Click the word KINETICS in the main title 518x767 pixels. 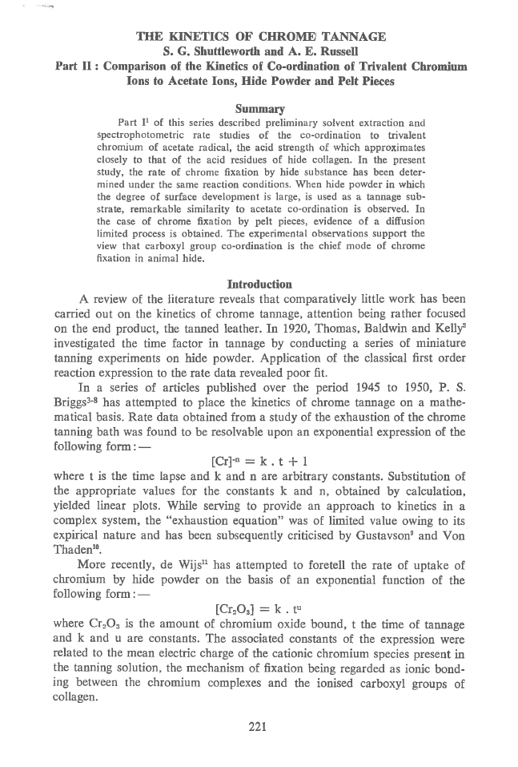tap(192, 36)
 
